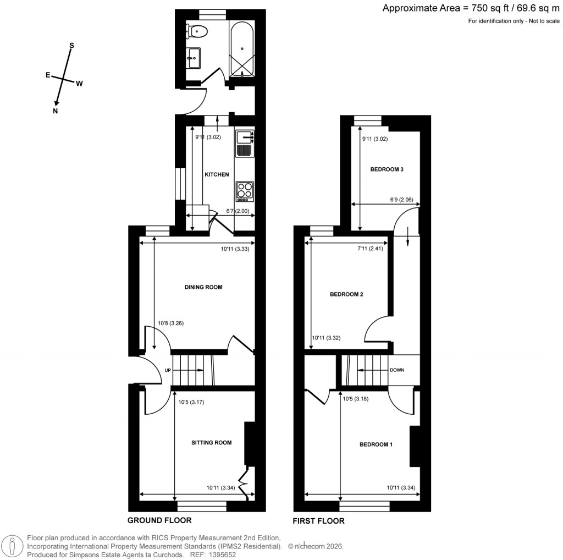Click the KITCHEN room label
coord(217,174)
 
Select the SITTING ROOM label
coord(211,442)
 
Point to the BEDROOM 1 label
coord(376,444)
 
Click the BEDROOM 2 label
coord(346,294)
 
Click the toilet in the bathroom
coord(197,32)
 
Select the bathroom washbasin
coord(194,57)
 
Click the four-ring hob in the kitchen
coord(244,190)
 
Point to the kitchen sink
coord(244,136)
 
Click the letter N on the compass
coord(56,111)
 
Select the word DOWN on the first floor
coord(397,370)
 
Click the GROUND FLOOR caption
coord(159,520)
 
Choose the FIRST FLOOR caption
coord(319,521)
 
